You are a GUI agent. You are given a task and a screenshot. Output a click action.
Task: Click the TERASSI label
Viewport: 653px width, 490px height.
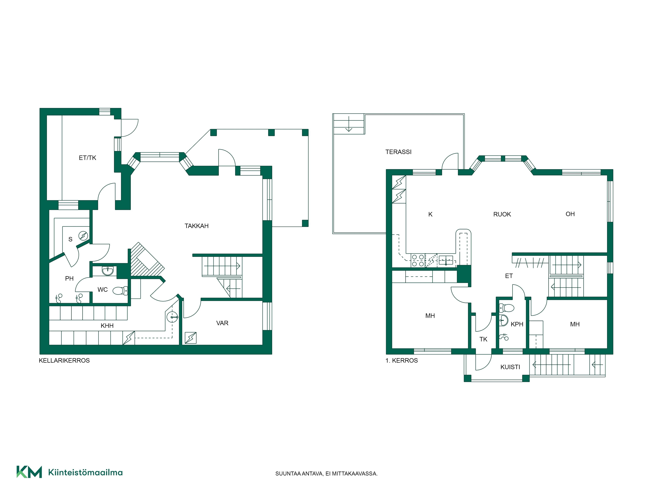pos(398,152)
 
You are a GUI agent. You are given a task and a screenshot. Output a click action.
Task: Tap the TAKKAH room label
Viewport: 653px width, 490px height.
pos(197,226)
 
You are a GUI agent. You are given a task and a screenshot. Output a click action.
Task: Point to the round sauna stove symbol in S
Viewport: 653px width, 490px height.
pos(83,236)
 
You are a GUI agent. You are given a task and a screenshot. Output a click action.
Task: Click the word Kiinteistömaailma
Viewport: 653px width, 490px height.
pos(85,472)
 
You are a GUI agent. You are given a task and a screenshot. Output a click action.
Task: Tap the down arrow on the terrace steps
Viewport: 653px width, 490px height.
pos(349,124)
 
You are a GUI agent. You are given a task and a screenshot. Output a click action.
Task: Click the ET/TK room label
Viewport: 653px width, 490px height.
pos(87,158)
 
